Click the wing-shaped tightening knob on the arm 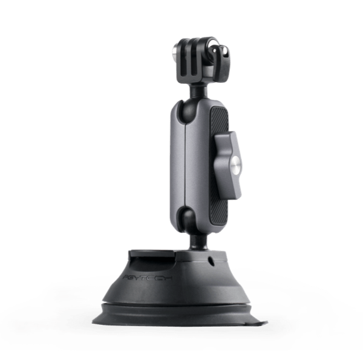click(227, 160)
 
